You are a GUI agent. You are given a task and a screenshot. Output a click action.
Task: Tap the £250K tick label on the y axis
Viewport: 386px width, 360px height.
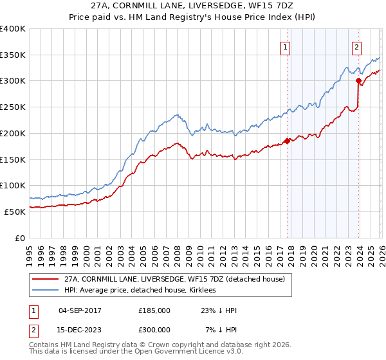[13, 107]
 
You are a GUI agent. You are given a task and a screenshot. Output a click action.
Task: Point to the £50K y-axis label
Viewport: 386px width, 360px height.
[15, 212]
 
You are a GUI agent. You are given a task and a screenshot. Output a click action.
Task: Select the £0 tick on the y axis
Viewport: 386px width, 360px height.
[21, 238]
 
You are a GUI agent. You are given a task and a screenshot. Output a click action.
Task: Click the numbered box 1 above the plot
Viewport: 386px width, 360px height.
[284, 46]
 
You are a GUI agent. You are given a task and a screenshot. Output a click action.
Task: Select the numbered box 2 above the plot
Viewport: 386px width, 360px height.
[356, 46]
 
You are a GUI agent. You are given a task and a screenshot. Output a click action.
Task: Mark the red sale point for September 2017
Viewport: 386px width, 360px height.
[287, 141]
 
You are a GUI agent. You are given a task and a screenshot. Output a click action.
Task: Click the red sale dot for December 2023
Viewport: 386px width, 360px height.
[358, 81]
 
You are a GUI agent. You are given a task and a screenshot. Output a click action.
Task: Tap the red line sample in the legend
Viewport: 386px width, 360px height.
[46, 279]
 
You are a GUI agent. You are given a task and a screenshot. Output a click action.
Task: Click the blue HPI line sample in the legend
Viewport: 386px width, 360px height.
[46, 291]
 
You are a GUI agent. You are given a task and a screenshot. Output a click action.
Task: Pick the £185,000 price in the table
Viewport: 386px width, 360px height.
[154, 310]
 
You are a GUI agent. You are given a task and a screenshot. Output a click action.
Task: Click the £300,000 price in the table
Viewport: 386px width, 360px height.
[154, 330]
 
